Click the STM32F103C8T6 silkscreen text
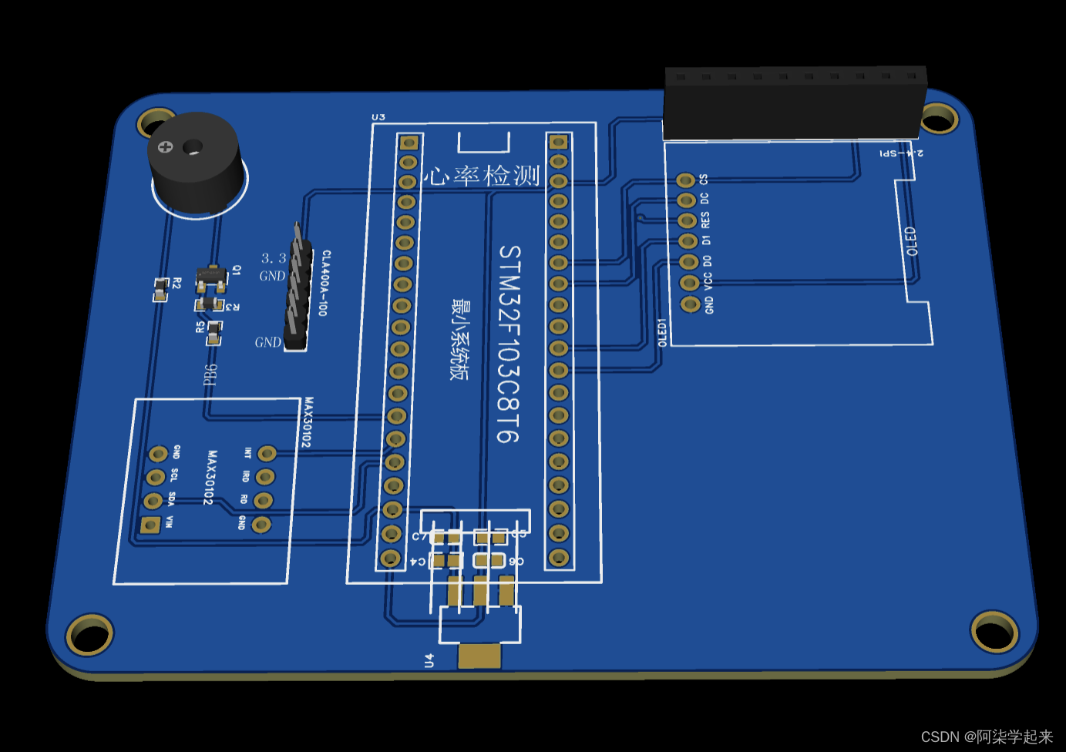509,344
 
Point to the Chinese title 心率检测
484,176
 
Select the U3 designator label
378,117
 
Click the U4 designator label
429,660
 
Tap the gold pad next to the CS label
685,180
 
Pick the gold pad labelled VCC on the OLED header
689,283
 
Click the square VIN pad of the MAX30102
150,525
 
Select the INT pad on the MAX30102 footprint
267,453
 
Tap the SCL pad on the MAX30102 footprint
156,477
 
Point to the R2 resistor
160,290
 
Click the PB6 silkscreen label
210,374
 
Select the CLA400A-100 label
325,283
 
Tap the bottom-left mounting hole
89,634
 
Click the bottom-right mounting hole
994,631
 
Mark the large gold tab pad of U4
479,656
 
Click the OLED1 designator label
661,332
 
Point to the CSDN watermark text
987,737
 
